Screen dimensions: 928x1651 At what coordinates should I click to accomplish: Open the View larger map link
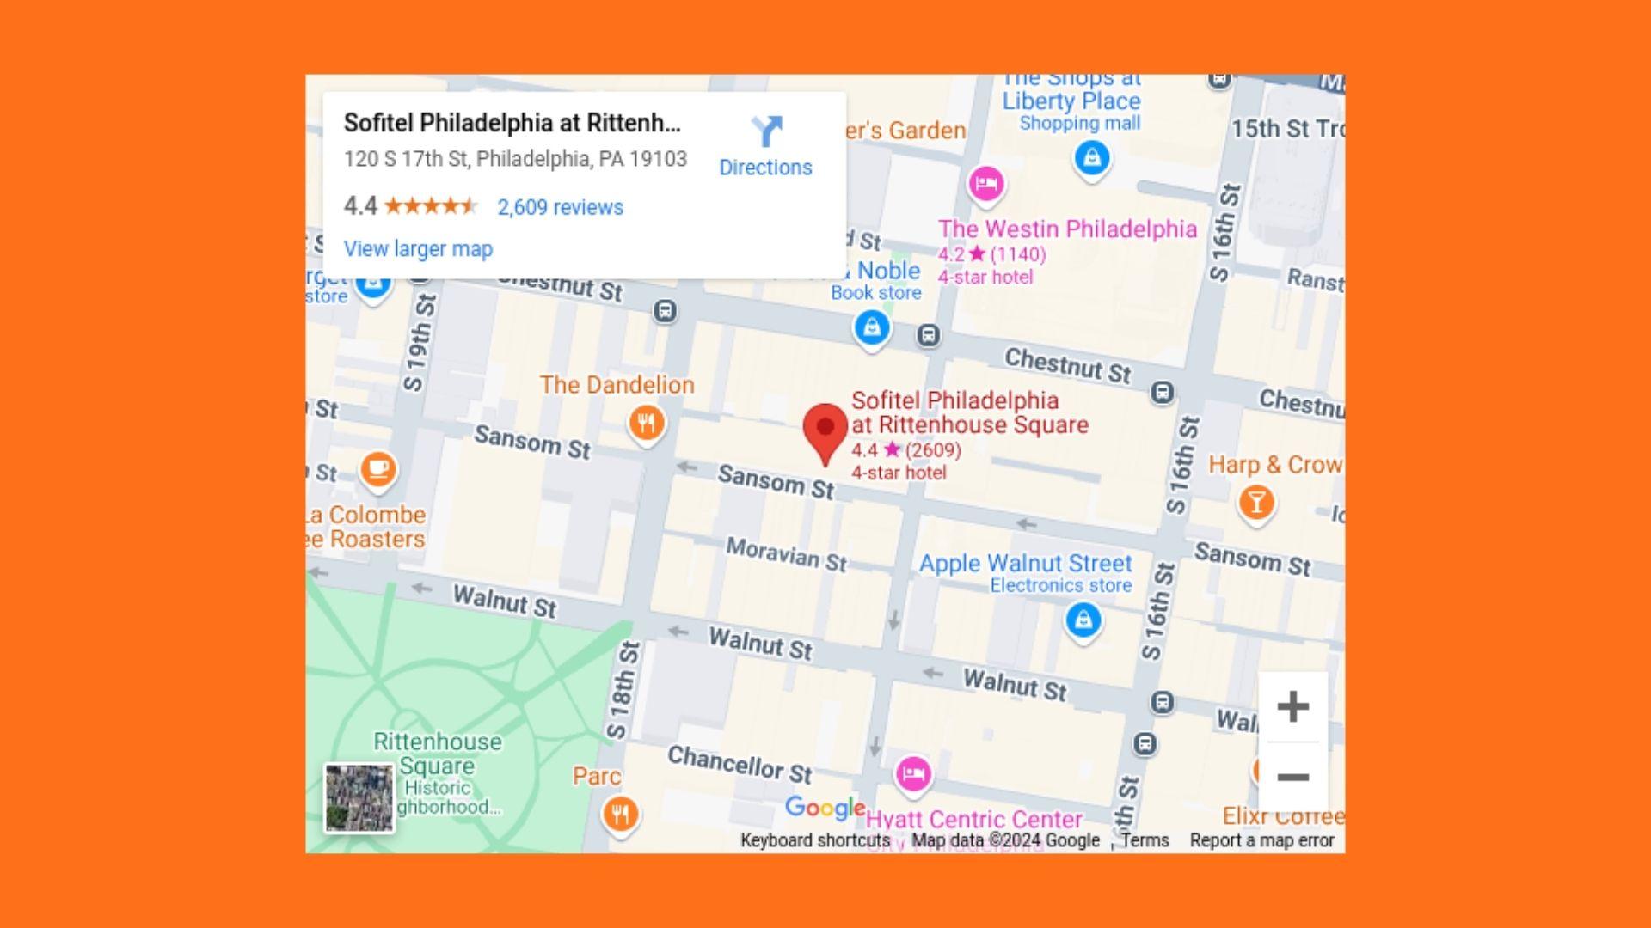coord(418,249)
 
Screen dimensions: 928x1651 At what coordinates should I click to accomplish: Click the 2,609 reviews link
coord(560,207)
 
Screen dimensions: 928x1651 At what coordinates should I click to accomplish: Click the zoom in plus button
coord(1292,707)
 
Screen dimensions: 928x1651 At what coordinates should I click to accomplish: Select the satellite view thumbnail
coord(359,797)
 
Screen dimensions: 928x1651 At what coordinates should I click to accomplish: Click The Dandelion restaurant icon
coord(647,423)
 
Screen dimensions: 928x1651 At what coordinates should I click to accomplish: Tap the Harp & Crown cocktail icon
coord(1256,502)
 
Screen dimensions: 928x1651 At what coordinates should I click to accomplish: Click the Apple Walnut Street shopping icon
coord(1083,619)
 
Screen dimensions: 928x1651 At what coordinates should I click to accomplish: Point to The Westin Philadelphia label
coord(1067,229)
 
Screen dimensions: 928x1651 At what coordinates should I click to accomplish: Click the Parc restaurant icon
coord(620,812)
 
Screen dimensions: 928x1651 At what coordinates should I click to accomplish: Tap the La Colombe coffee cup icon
coord(378,469)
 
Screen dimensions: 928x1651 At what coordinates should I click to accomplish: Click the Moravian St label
coord(786,554)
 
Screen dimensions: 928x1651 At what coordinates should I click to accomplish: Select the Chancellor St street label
coord(740,764)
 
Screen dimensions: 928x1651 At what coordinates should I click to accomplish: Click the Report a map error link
coord(1261,840)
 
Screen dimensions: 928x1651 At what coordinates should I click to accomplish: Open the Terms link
coord(1145,840)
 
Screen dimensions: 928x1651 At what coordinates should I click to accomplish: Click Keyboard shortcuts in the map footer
coord(814,840)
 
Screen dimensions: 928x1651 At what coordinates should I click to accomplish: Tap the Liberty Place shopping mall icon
coord(1092,158)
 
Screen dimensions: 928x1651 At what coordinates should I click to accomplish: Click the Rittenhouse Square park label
coord(437,753)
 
